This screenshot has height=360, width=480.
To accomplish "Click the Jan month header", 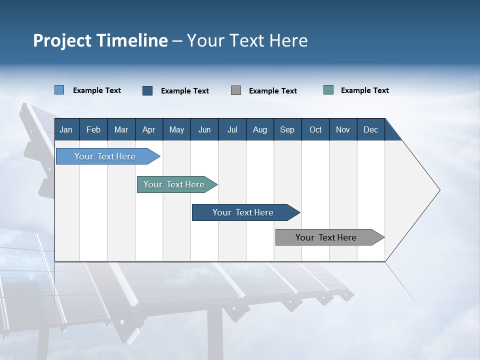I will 66,129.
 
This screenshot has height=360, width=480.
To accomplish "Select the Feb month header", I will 93,129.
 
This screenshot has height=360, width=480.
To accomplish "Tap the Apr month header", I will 148,129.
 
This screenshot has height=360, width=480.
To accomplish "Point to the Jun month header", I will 204,129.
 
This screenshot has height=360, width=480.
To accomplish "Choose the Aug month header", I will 259,129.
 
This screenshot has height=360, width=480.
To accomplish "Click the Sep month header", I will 287,129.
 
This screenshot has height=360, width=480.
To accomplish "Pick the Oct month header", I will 315,129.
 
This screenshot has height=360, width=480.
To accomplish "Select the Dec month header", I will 370,129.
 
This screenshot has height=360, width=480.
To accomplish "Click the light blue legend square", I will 59,90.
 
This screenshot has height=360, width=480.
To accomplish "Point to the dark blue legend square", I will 147,90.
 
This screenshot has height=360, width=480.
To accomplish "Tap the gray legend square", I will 236,90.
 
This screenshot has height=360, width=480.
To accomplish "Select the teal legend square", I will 328,90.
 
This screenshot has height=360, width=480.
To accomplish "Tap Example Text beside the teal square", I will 364,90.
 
